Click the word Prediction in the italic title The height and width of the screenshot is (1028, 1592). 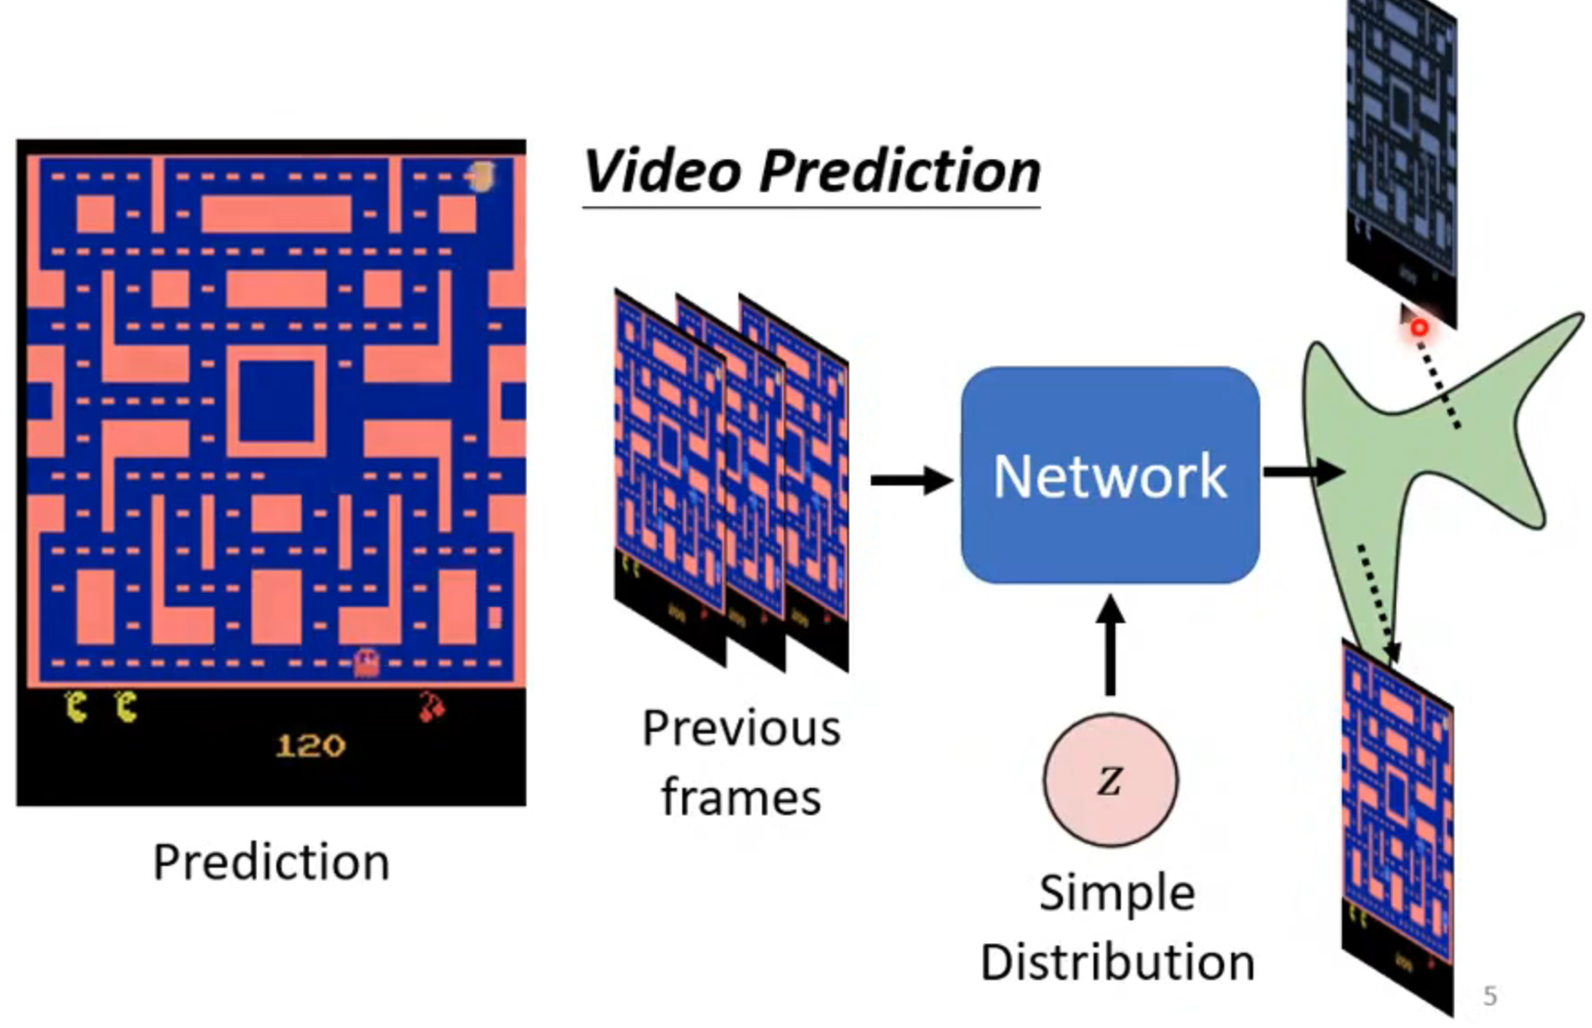pyautogui.click(x=900, y=171)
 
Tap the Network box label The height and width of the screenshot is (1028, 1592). pyautogui.click(x=1110, y=476)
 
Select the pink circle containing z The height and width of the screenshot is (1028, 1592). pyautogui.click(x=1111, y=780)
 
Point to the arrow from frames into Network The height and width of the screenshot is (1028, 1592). pyautogui.click(x=911, y=480)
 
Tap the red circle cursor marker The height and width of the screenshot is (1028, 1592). pyautogui.click(x=1419, y=328)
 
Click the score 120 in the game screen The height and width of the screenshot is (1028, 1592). pyautogui.click(x=310, y=746)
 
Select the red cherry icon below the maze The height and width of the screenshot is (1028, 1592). pyautogui.click(x=431, y=706)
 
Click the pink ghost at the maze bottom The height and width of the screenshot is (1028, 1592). pyautogui.click(x=366, y=663)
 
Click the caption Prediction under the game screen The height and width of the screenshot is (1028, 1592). pyautogui.click(x=271, y=861)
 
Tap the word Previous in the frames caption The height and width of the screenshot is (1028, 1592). pyautogui.click(x=741, y=728)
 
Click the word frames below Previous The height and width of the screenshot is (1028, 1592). pyautogui.click(x=741, y=798)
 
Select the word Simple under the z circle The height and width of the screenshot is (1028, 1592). pyautogui.click(x=1117, y=894)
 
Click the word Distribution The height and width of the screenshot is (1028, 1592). pyautogui.click(x=1117, y=962)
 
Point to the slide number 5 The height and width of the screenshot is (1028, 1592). pyautogui.click(x=1490, y=996)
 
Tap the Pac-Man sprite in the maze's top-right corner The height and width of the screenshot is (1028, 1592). pyautogui.click(x=482, y=176)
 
